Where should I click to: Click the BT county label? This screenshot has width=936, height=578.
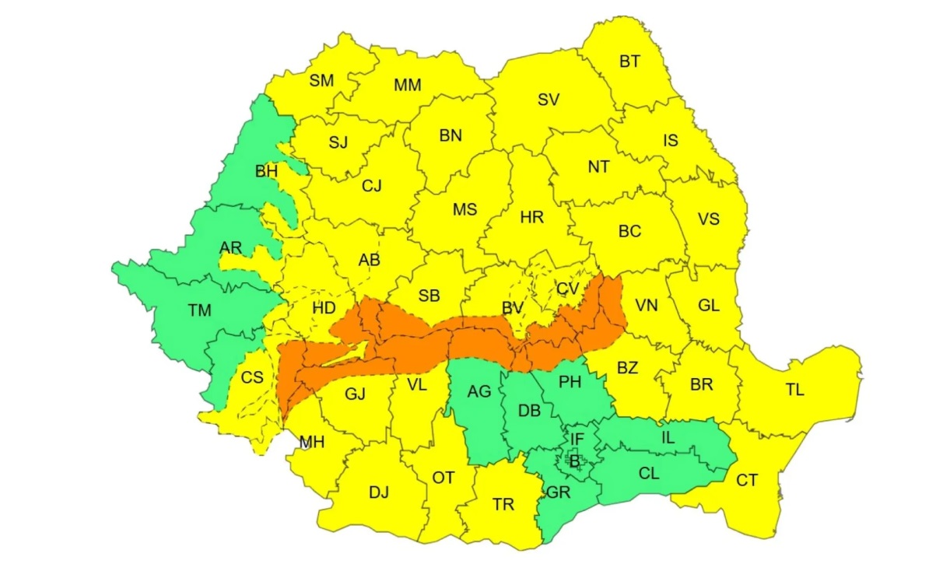(x=629, y=61)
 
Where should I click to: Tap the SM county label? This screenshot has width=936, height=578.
(x=321, y=79)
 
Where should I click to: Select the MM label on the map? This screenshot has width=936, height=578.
(x=407, y=86)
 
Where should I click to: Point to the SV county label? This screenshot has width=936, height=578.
(x=549, y=100)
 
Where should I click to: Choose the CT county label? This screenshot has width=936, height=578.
(x=747, y=481)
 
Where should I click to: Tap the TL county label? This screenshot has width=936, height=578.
(x=794, y=391)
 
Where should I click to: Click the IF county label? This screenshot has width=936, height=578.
(x=577, y=440)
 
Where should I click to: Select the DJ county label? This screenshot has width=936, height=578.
(x=379, y=492)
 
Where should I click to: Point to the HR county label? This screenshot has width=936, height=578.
(x=532, y=218)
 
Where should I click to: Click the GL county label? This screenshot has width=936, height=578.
(x=708, y=306)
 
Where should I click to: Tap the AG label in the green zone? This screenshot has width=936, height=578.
(x=479, y=392)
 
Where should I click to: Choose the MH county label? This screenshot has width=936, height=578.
(x=312, y=443)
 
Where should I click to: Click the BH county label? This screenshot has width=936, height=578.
(x=266, y=170)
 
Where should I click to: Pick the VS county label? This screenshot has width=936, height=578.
(x=708, y=219)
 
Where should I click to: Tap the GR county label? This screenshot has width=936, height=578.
(x=557, y=493)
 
